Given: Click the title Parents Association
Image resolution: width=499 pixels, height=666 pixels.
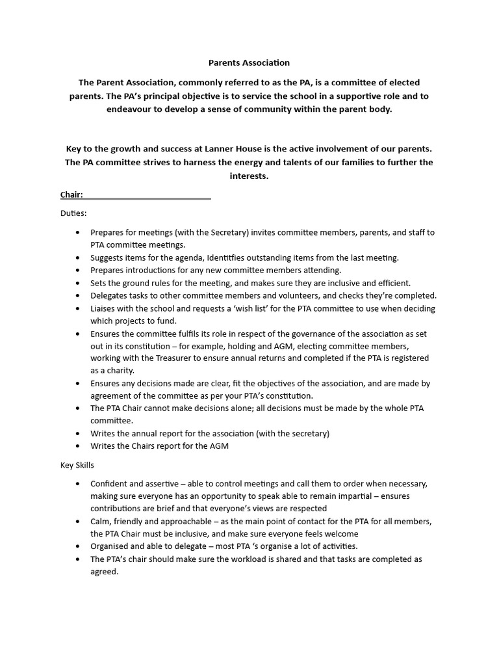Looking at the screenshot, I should point(249,63).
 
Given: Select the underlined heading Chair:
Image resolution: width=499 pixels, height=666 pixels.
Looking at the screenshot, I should point(71,194).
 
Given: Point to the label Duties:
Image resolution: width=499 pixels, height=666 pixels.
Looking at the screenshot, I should point(73,213).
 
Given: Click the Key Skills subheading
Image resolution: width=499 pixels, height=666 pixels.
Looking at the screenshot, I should point(77,466).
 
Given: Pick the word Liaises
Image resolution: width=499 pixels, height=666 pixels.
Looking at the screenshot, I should point(105,308).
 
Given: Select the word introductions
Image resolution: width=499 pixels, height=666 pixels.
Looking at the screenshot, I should point(151,270).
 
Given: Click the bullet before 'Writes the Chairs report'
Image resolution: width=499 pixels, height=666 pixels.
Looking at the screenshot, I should point(79,446).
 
